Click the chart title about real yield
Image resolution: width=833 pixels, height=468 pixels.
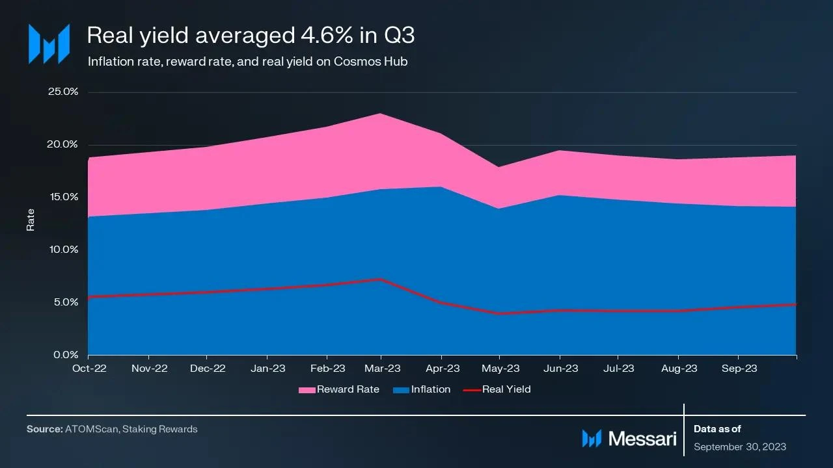click(x=251, y=35)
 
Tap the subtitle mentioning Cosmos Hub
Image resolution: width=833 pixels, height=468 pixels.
click(x=247, y=62)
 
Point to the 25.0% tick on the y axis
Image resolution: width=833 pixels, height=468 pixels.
click(x=63, y=92)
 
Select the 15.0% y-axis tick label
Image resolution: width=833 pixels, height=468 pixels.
click(x=63, y=197)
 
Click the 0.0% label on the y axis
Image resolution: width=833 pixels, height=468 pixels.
click(x=65, y=355)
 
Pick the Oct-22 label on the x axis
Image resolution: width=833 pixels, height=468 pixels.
click(x=89, y=369)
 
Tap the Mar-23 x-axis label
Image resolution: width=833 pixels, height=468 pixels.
click(x=382, y=369)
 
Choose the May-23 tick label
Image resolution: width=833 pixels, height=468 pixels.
click(x=500, y=369)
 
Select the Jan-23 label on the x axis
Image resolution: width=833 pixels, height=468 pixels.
click(x=267, y=369)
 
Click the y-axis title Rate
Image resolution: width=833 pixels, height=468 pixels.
click(x=31, y=220)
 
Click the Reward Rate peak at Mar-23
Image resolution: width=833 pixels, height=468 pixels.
click(x=381, y=114)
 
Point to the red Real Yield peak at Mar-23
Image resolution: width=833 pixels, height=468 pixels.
click(x=381, y=279)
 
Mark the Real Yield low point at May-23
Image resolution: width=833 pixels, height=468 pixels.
click(x=500, y=313)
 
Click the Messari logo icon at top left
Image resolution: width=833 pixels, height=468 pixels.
click(x=49, y=44)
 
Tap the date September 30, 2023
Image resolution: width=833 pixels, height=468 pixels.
click(x=740, y=447)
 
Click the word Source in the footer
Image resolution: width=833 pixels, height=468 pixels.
click(x=44, y=429)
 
